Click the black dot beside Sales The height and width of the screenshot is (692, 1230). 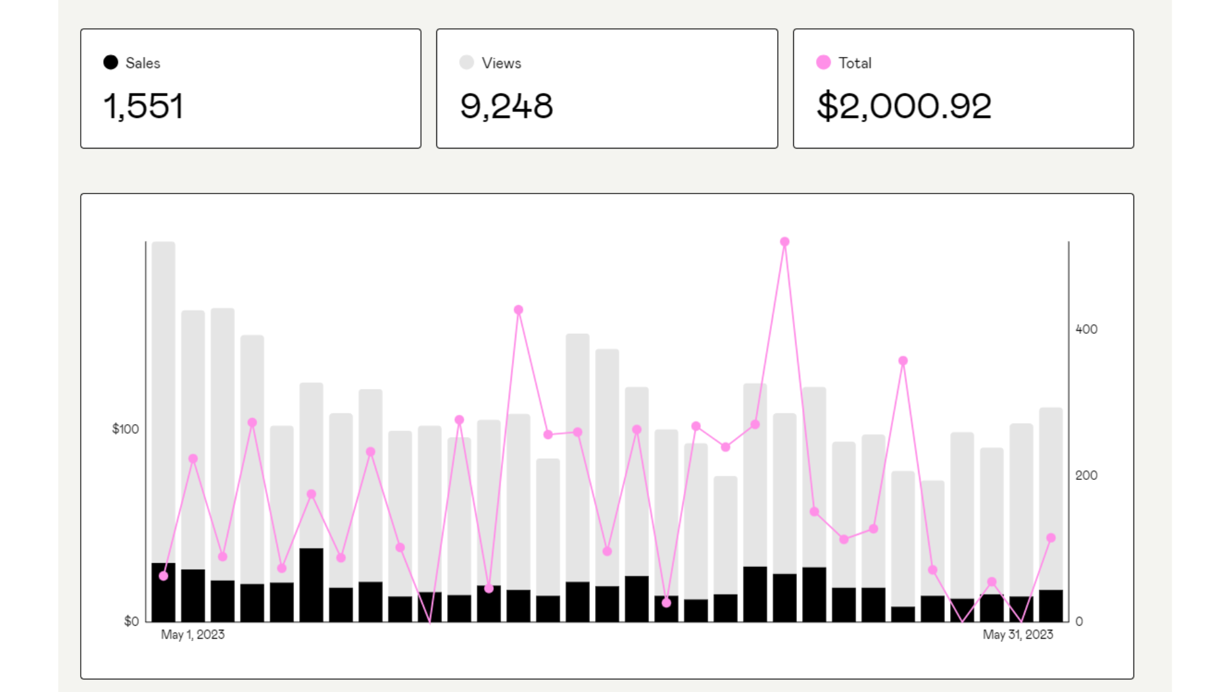111,62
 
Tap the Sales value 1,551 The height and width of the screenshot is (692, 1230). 143,106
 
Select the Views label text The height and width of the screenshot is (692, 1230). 501,63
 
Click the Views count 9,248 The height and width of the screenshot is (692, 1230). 506,106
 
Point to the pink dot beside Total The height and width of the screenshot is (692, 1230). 823,62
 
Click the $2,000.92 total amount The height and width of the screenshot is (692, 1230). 904,106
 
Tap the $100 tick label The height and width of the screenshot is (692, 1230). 125,429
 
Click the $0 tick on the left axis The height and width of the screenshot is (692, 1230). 131,621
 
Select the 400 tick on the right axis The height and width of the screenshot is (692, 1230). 1086,329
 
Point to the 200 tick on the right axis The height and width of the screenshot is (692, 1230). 1086,475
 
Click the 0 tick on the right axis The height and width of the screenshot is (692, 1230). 1079,621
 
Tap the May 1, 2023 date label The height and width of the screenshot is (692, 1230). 192,634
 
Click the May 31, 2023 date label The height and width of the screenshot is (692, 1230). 1017,634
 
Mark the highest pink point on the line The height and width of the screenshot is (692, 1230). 785,242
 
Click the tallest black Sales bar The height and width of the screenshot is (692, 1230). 311,584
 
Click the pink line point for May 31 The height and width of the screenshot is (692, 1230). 1051,538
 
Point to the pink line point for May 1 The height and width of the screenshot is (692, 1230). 163,576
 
